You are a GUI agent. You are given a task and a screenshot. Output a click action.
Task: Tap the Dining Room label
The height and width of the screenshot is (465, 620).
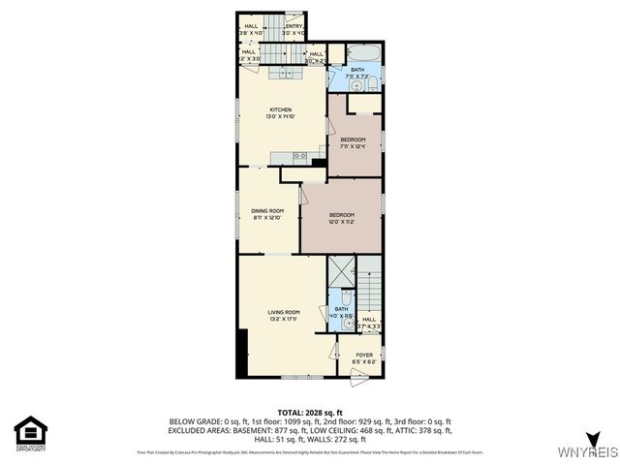pos(267,214)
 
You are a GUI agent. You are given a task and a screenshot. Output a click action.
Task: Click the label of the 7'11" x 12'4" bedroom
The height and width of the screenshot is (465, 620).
pos(353,143)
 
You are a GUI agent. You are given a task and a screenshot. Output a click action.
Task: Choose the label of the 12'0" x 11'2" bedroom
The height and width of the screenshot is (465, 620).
pos(341,218)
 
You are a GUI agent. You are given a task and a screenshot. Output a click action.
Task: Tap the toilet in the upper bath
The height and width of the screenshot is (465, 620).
pos(372,85)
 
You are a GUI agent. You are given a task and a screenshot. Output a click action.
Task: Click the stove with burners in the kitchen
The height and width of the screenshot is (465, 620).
pos(299,155)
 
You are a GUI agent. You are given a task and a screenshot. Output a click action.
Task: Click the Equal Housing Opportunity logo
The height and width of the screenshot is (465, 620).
pos(31,433)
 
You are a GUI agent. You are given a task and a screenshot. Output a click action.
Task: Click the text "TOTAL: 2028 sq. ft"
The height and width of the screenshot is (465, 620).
pos(310,412)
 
